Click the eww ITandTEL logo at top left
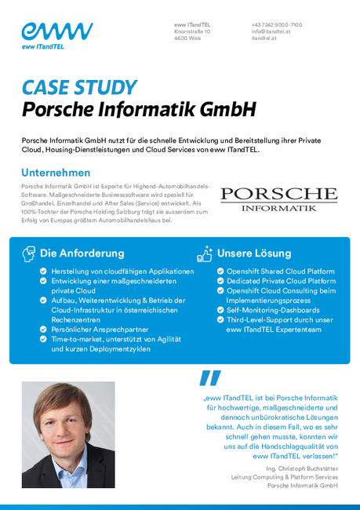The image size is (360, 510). pyautogui.click(x=56, y=36)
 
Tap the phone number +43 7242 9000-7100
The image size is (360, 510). pyautogui.click(x=277, y=25)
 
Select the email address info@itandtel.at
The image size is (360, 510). pyautogui.click(x=271, y=31)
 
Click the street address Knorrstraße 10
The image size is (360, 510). pyautogui.click(x=192, y=31)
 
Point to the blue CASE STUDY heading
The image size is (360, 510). pyautogui.click(x=78, y=87)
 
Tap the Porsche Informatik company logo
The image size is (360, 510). pyautogui.click(x=278, y=199)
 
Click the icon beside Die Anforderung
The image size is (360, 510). pyautogui.click(x=29, y=253)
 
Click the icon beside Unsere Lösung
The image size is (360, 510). pyautogui.click(x=204, y=253)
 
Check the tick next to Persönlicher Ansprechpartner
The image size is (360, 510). pyautogui.click(x=43, y=330)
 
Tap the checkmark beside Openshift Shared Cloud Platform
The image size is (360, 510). pyautogui.click(x=220, y=271)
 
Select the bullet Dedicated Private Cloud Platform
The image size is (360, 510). pyautogui.click(x=281, y=281)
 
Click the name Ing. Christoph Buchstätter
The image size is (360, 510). pyautogui.click(x=302, y=468)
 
